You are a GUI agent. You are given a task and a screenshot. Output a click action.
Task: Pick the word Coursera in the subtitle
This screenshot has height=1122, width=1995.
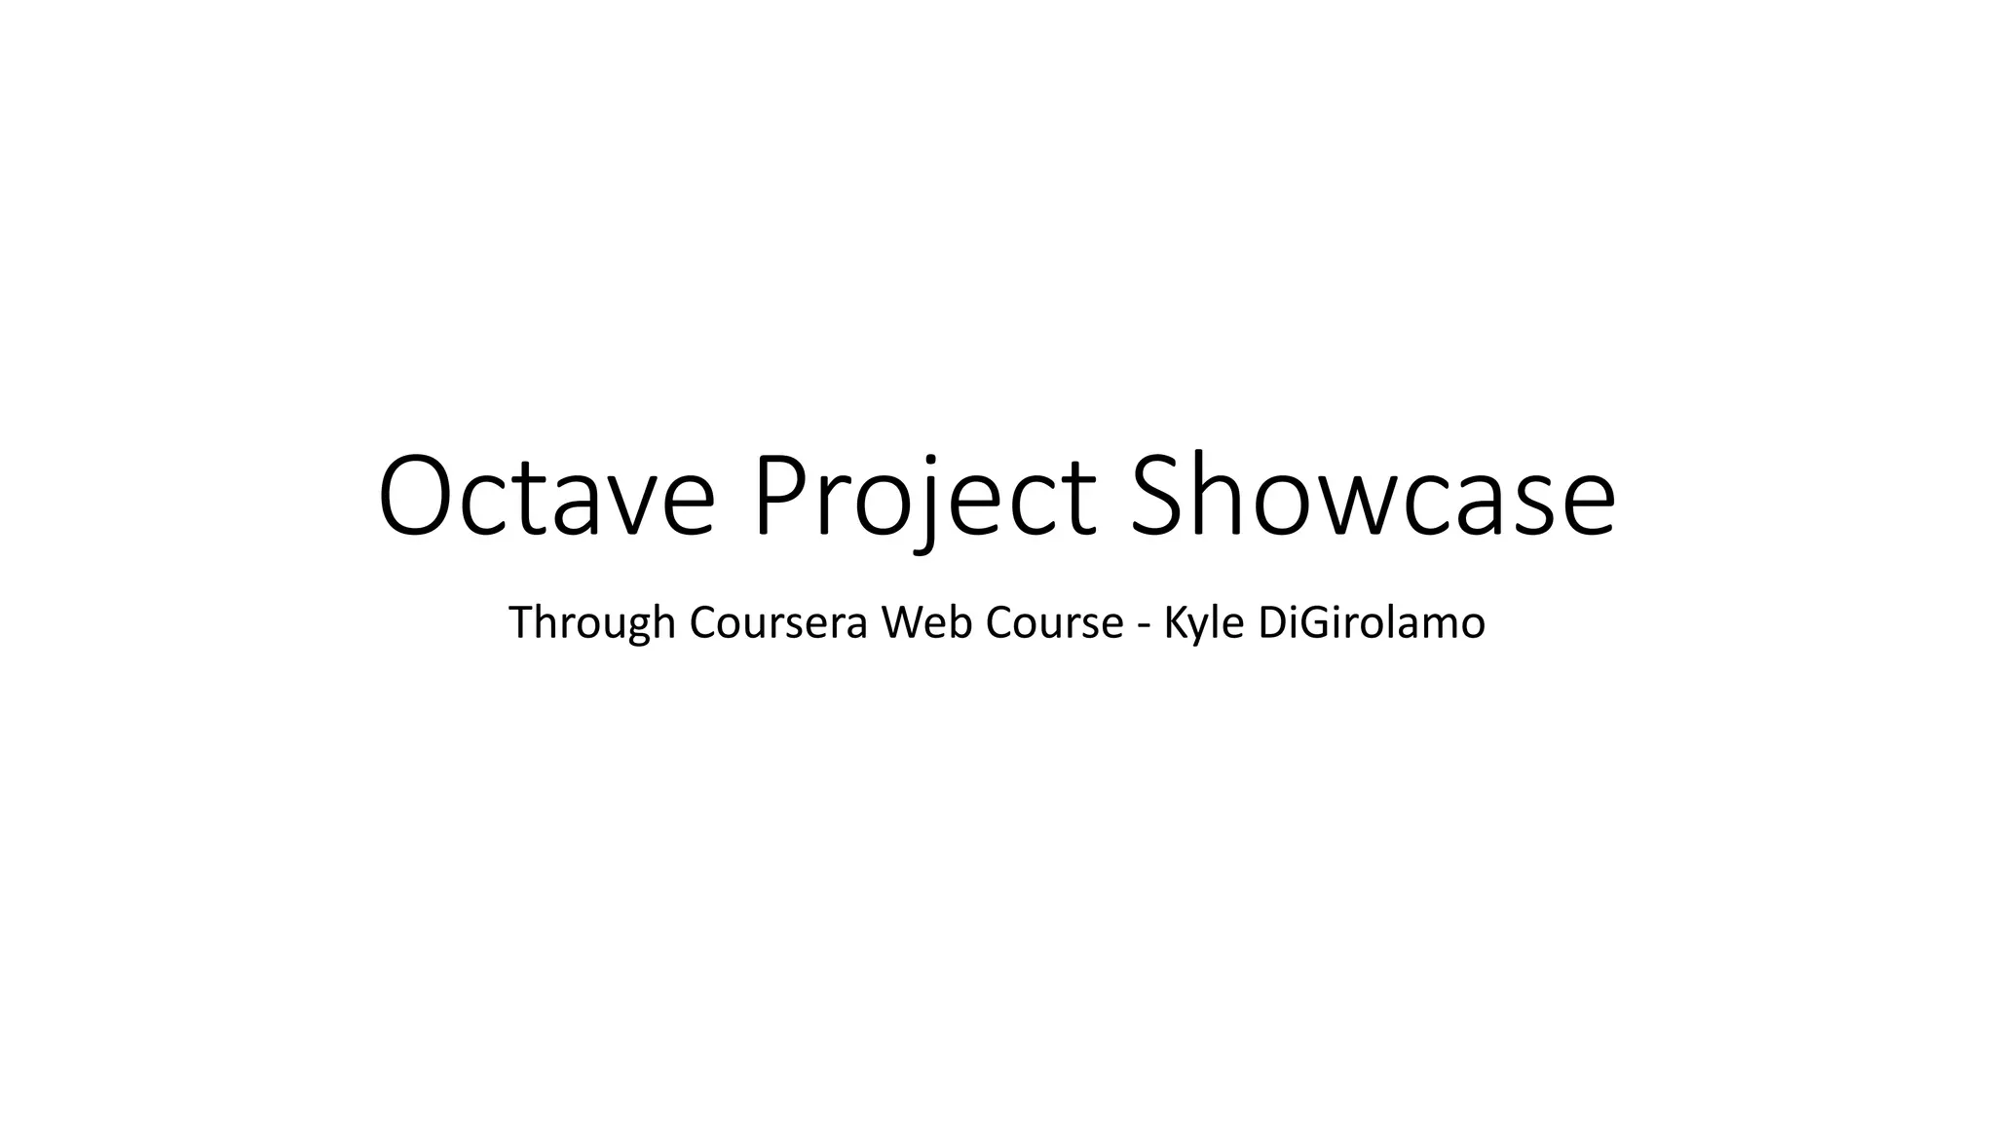point(777,623)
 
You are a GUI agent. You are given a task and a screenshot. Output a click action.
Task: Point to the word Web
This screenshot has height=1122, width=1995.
point(924,623)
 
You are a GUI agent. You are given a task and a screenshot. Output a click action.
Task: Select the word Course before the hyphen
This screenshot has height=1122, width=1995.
point(1054,623)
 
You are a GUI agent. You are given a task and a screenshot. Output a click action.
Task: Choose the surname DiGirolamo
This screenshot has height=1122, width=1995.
point(1372,623)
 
